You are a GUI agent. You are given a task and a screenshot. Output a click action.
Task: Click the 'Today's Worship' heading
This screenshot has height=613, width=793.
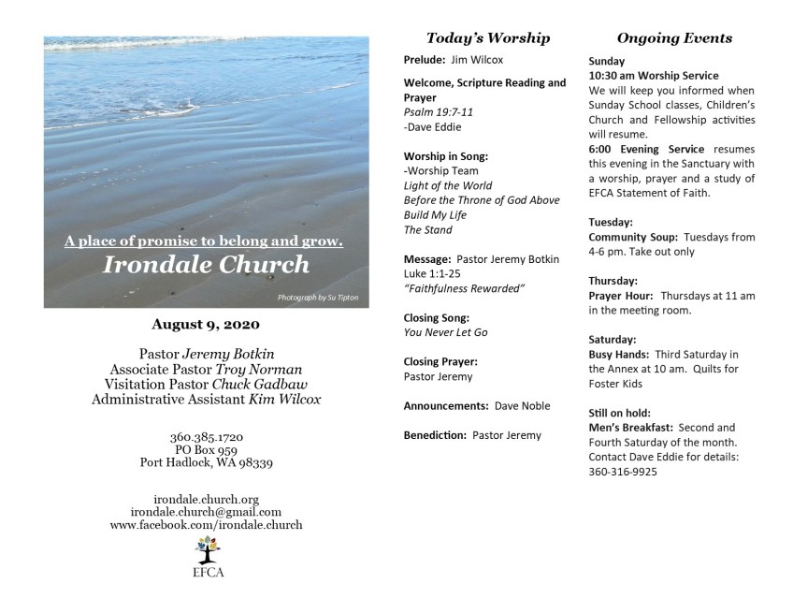[487, 38]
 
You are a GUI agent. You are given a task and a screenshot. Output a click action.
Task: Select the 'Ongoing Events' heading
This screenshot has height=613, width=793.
[674, 38]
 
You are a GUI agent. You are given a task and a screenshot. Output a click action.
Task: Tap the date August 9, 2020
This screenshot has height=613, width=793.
[206, 325]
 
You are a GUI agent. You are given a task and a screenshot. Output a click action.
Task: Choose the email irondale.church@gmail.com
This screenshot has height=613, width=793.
[206, 512]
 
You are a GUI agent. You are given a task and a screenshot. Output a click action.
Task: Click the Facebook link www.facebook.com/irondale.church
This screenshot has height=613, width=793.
[206, 525]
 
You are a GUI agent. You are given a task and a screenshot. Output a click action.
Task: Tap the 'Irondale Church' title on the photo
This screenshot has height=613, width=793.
[206, 265]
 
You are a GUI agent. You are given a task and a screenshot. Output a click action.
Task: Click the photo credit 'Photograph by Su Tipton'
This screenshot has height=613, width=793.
[317, 298]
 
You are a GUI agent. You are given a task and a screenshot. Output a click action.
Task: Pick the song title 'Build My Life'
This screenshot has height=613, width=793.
[435, 215]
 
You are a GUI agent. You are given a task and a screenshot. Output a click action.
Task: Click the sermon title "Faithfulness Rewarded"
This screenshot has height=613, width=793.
[464, 288]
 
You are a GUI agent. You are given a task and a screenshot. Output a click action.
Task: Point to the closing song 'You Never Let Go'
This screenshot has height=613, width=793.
[445, 332]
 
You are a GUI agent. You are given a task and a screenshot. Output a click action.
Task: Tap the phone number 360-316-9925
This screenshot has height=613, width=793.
[623, 472]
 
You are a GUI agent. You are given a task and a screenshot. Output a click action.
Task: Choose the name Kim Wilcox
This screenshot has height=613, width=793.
[285, 400]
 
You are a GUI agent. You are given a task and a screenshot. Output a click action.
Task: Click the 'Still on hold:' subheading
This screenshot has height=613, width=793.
[619, 413]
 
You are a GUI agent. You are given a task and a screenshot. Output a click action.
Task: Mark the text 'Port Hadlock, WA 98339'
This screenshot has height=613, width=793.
[206, 462]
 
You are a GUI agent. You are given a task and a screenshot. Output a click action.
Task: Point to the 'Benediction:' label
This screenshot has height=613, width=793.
[435, 435]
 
